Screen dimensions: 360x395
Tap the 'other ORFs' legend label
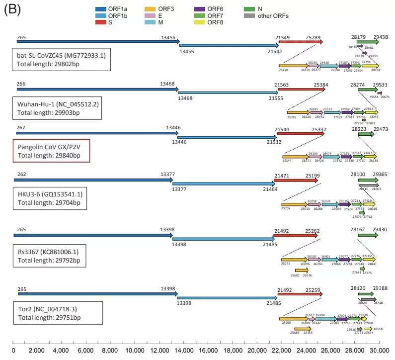(273, 16)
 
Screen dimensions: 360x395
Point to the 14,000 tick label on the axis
(184, 350)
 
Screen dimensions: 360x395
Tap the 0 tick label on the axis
(12, 350)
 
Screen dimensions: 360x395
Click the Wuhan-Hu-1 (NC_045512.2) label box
(58, 108)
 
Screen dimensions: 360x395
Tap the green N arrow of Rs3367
(368, 235)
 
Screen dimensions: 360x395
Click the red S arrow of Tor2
(300, 294)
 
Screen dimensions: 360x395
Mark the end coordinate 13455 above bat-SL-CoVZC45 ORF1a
(168, 37)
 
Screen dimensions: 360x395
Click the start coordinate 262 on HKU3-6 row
(20, 174)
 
